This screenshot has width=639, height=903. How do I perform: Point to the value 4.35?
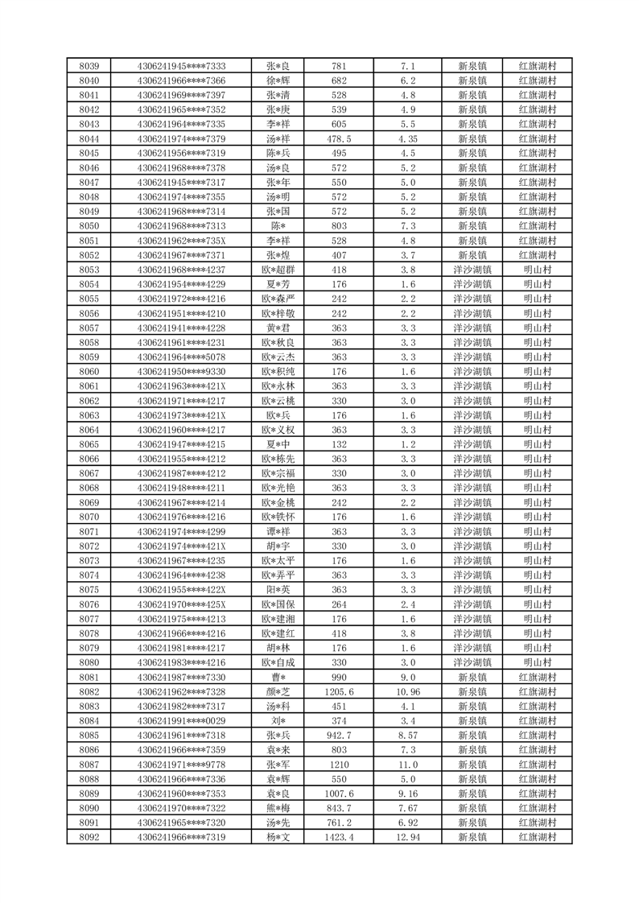click(x=407, y=138)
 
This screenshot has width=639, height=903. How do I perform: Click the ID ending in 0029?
click(x=182, y=720)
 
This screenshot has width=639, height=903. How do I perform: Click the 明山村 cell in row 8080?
click(x=538, y=662)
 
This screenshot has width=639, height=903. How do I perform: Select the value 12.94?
click(x=407, y=837)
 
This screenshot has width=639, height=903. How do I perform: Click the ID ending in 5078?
click(x=182, y=357)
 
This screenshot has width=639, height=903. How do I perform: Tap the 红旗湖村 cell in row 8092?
click(x=538, y=837)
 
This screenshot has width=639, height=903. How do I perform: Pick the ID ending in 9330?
click(x=182, y=371)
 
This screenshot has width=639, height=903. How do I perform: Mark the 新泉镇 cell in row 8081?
click(x=472, y=677)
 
